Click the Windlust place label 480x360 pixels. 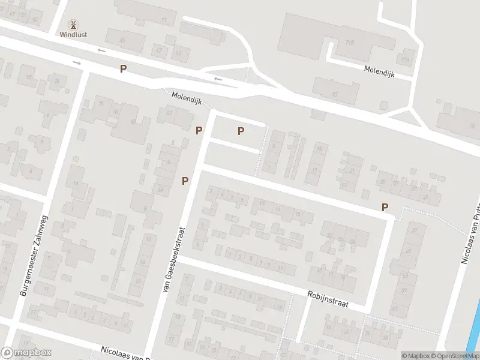click(73, 34)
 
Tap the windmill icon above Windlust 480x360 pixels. click(73, 25)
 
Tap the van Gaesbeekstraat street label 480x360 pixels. click(172, 259)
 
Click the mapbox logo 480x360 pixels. click(27, 353)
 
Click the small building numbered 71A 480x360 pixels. click(406, 60)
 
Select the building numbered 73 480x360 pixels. click(334, 94)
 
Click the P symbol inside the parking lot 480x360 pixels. click(241, 131)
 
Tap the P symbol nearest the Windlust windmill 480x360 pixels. click(123, 68)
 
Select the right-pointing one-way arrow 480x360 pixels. click(77, 62)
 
